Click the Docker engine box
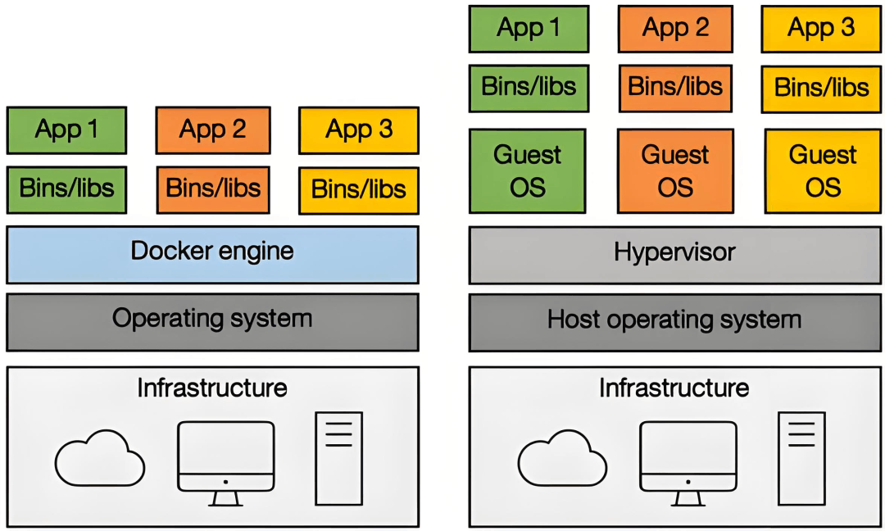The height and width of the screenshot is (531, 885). (212, 255)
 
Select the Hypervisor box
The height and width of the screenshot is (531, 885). (674, 255)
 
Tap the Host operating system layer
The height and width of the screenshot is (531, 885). (674, 322)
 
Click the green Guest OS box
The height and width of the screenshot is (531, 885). (528, 171)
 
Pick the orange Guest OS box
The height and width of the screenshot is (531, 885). (675, 171)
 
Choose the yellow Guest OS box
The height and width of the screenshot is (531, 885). (823, 171)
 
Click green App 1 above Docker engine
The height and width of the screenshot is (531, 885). (66, 130)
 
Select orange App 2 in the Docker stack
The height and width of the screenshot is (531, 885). (213, 130)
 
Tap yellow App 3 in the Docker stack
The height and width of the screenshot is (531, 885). (359, 130)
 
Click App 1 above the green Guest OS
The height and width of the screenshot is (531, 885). (529, 29)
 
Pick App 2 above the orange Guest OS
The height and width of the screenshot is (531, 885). (675, 29)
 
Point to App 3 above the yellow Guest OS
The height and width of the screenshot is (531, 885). (821, 29)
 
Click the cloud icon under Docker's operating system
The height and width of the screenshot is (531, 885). (100, 458)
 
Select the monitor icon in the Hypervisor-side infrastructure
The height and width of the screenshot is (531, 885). (688, 463)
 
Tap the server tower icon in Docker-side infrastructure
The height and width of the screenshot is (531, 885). (338, 458)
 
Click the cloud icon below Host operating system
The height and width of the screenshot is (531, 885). (562, 458)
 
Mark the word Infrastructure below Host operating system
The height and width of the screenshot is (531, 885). (674, 388)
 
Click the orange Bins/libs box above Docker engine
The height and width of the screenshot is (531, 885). (213, 189)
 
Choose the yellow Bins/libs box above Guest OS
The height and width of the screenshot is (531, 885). (821, 89)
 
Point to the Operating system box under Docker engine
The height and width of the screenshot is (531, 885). (212, 322)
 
